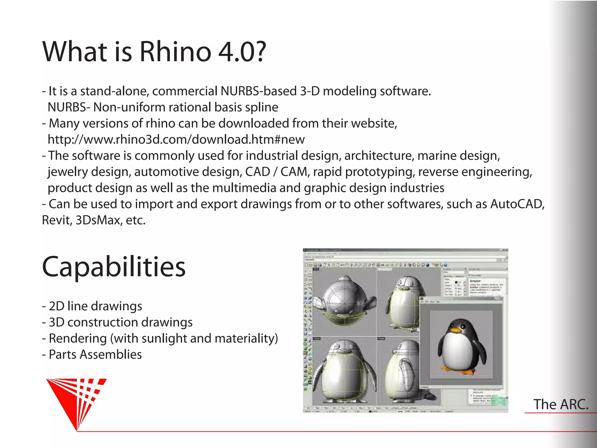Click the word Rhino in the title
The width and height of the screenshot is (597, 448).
(x=175, y=52)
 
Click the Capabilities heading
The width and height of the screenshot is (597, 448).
(x=114, y=267)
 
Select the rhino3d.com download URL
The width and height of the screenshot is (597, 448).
(x=176, y=139)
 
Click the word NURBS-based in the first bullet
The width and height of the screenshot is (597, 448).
(x=258, y=91)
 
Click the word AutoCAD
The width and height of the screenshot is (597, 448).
(x=517, y=204)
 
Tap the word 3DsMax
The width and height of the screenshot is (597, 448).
(x=99, y=220)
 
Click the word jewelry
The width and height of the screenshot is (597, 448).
(x=67, y=172)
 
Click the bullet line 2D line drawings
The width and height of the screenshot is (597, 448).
(x=92, y=306)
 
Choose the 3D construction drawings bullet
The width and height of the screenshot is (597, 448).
(x=117, y=322)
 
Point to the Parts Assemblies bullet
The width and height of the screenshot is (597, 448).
(x=92, y=355)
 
